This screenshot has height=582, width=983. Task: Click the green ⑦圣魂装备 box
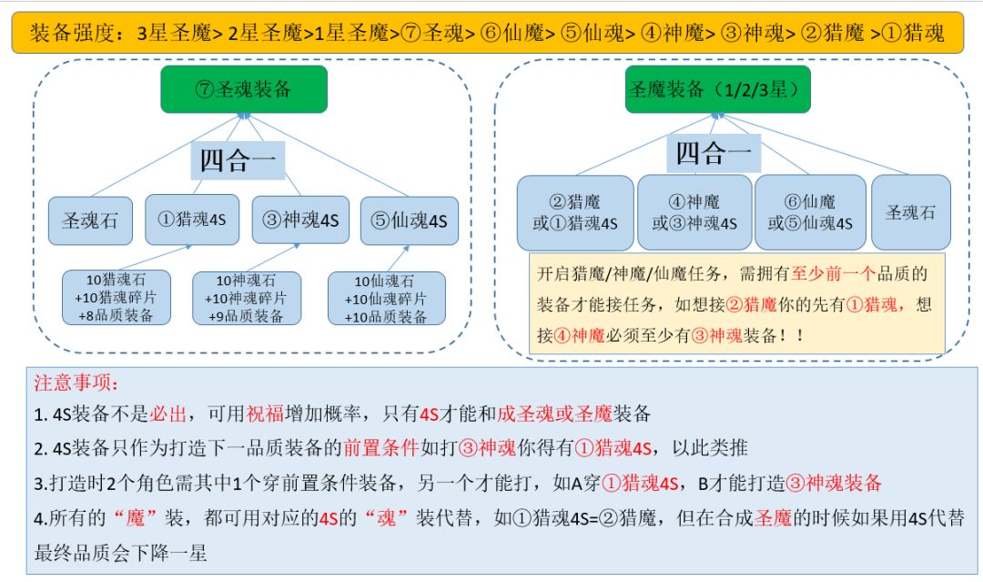point(244,89)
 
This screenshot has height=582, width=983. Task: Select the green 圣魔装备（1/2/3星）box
point(718,89)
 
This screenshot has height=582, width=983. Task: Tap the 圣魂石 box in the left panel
point(90,220)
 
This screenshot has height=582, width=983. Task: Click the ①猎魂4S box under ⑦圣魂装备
point(192,220)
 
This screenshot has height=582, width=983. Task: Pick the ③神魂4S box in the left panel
point(300,220)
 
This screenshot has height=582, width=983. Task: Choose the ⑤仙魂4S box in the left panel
point(410,220)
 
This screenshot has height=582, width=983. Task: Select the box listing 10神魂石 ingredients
point(247,298)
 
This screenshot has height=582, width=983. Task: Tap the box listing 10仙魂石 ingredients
point(386,298)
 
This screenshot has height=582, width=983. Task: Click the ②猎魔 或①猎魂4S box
point(575,212)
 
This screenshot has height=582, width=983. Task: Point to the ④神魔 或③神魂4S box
point(694,212)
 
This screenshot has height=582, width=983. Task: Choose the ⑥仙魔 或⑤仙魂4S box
point(810,212)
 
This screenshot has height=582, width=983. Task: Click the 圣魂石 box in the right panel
point(911,212)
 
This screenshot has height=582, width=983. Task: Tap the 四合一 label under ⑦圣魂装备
point(238,160)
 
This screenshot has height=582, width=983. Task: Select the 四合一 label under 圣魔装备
point(714,153)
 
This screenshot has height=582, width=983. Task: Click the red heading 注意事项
point(76,383)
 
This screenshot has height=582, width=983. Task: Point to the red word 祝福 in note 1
point(265,414)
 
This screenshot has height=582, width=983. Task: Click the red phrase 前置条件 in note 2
point(380,448)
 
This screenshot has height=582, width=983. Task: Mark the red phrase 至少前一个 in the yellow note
point(833,273)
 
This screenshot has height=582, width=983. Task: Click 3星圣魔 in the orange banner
point(174,33)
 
